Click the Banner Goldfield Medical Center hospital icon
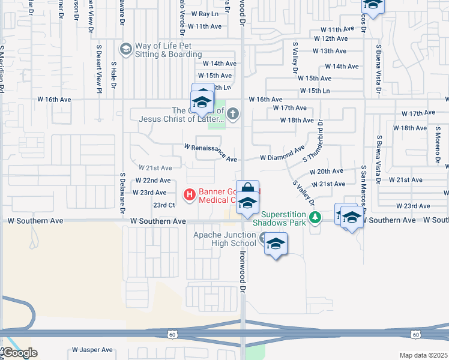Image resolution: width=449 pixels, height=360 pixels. click(x=189, y=194)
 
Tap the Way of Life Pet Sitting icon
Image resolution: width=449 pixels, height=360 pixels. click(x=125, y=49)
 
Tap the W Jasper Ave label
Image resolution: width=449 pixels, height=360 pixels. click(x=93, y=349)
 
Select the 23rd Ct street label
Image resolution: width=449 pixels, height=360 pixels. click(x=163, y=205)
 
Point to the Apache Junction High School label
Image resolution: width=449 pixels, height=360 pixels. click(x=224, y=239)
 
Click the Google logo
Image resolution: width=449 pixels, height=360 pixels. click(x=19, y=353)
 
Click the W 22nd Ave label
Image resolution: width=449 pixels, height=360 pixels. click(x=153, y=181)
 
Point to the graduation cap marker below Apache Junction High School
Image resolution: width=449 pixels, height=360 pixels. click(x=276, y=244)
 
